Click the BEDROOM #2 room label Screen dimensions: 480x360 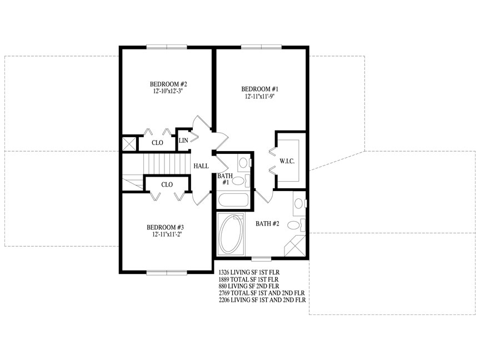168,84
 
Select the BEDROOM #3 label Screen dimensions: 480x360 165,227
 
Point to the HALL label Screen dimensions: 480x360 201,166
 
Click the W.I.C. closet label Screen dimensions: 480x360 287,161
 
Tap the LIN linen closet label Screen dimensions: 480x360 183,141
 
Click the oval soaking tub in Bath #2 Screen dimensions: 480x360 231,234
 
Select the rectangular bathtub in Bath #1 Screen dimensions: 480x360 233,200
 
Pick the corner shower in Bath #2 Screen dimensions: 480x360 295,246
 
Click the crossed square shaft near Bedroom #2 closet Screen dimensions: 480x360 128,143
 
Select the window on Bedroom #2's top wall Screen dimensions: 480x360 167,47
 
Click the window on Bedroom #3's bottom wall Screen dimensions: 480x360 167,272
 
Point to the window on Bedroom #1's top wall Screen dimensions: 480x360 261,47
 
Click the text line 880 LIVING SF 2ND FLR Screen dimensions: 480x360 249,286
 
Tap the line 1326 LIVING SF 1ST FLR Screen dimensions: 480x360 249,272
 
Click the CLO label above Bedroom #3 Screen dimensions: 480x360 167,184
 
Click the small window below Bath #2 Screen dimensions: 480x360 262,259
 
